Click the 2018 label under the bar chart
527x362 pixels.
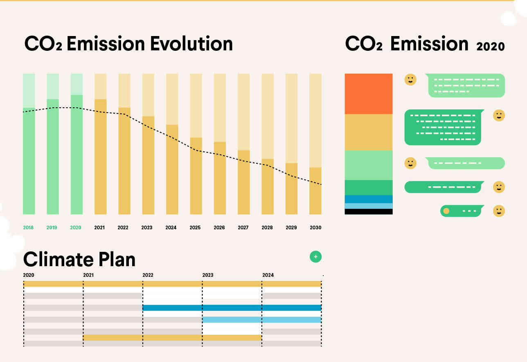tap(28, 228)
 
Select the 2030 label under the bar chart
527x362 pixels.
tap(315, 228)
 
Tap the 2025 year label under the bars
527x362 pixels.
tap(195, 228)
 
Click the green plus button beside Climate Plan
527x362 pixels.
tap(315, 257)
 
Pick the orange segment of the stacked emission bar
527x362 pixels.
tap(369, 94)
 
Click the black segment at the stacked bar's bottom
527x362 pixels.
tap(369, 211)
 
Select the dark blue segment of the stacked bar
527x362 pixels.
tap(369, 199)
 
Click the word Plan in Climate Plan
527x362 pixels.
tap(117, 259)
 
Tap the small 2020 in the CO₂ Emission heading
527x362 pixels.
tap(491, 46)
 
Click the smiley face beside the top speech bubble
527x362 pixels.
tap(410, 79)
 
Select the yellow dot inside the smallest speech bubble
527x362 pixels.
tap(446, 211)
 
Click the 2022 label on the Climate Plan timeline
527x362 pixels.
tap(148, 275)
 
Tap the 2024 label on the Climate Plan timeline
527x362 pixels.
tap(268, 275)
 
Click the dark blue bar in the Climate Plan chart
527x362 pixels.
tap(232, 308)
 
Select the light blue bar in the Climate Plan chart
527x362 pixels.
tap(262, 319)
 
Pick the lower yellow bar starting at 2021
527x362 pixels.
tap(172, 338)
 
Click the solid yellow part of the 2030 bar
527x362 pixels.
tap(315, 191)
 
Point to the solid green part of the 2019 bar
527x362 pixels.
tap(53, 156)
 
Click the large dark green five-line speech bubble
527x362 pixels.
tap(443, 127)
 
